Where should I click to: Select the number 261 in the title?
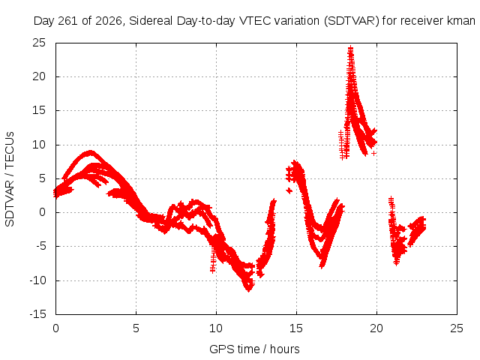coord(68,21)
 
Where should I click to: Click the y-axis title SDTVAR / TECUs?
coord(10,179)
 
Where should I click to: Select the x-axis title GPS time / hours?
coord(254,349)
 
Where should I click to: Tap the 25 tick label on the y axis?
coord(39,43)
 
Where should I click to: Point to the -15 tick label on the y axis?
coord(37,314)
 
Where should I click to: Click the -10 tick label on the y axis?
coord(37,280)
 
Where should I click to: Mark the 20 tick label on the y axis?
coord(39,76)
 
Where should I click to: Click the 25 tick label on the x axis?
coord(457,328)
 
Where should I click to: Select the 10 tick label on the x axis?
coord(216,328)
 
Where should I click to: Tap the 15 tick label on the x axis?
coord(296,328)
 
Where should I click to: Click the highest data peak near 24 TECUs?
coord(351,48)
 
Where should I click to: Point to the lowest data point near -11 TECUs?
coord(248,289)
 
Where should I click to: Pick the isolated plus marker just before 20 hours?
coord(373,153)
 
